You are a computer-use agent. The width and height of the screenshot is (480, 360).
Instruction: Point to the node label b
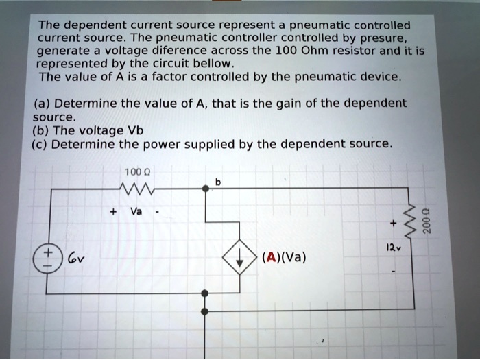[217, 182]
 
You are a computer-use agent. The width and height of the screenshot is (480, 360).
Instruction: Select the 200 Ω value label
[427, 221]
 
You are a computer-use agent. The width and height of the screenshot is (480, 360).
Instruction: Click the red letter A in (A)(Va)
[272, 259]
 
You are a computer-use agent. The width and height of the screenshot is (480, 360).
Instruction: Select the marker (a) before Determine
[41, 104]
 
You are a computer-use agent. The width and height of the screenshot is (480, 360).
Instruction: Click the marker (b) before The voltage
[41, 131]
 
